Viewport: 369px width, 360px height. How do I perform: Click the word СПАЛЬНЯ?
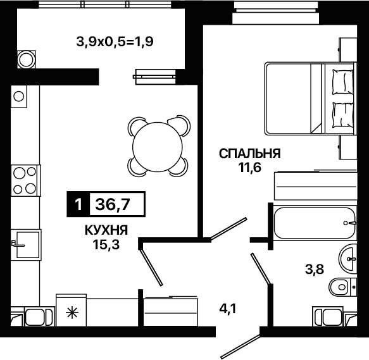(x=249, y=154)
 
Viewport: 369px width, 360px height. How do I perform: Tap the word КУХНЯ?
(x=106, y=230)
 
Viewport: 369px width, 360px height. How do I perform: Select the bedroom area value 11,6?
(x=249, y=168)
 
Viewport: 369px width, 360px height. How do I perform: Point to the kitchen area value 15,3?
(x=106, y=245)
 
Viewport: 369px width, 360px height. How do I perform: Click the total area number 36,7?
(x=113, y=204)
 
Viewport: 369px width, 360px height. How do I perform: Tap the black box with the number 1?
(x=78, y=204)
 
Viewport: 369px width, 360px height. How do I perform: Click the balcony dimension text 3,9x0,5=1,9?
(x=115, y=42)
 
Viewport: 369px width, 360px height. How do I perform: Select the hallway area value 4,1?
(x=227, y=309)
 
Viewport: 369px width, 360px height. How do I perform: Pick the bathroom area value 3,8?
(x=315, y=269)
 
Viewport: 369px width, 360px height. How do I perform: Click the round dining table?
(x=158, y=147)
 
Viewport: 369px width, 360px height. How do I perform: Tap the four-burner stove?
(x=25, y=180)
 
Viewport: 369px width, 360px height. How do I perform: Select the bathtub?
(x=315, y=223)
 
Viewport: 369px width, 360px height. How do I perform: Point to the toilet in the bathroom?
(x=342, y=287)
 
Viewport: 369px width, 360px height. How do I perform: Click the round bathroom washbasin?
(x=348, y=259)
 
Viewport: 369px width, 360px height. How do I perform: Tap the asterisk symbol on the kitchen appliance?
(x=72, y=313)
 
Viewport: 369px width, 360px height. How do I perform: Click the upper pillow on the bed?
(x=342, y=82)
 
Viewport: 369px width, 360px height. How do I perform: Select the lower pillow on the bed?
(x=342, y=115)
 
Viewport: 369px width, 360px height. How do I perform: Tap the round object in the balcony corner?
(x=26, y=59)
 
